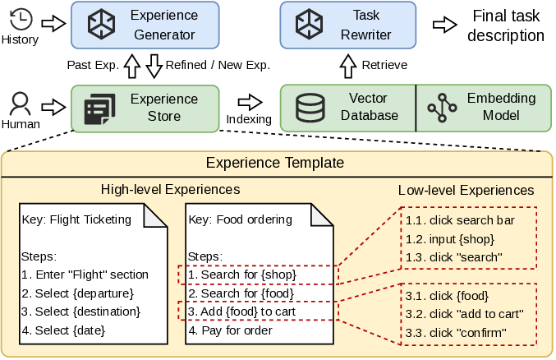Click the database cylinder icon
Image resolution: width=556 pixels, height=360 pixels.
click(310, 108)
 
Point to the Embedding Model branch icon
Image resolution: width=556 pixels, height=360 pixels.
click(442, 108)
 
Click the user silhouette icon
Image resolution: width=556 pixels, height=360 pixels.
click(21, 105)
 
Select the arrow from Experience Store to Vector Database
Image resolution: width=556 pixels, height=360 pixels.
click(249, 103)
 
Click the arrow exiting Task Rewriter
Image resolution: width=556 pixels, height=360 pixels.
click(444, 24)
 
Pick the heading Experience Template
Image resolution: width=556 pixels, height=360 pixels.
click(274, 163)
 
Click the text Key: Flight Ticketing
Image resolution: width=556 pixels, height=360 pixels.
click(76, 219)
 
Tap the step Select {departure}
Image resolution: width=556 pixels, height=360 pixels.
click(77, 293)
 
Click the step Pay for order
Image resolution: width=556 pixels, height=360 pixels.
click(231, 330)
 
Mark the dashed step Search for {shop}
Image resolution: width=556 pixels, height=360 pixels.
click(242, 275)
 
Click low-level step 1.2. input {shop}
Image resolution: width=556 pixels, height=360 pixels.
click(448, 239)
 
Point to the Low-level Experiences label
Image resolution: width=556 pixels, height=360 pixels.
click(466, 191)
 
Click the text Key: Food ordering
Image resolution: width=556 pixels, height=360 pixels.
click(241, 219)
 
